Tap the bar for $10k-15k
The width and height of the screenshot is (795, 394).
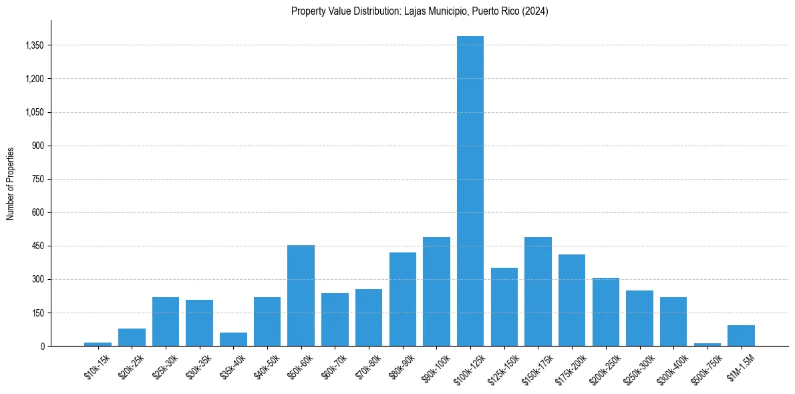pos(98,344)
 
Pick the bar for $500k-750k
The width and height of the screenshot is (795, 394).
pos(707,345)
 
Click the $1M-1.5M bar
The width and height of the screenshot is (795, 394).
pos(741,335)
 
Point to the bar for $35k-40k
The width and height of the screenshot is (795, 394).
pos(233,339)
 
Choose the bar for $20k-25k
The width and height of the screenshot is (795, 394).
pos(132,337)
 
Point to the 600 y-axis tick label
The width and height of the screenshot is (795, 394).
pos(37,212)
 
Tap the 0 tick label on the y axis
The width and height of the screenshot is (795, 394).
pos(42,346)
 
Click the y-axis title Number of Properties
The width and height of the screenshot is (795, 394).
pos(11,184)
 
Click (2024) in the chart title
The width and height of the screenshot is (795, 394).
pos(535,11)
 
